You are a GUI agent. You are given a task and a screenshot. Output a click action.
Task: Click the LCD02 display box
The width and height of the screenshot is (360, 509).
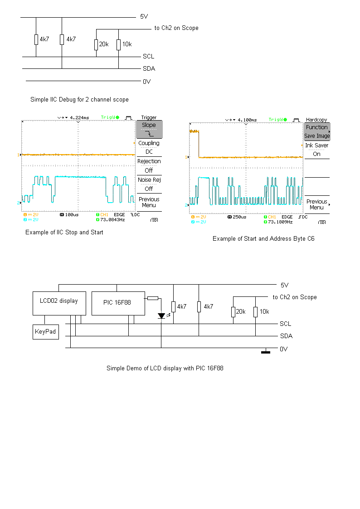59,303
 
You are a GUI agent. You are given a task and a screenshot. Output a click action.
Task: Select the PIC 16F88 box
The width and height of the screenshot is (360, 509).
118,303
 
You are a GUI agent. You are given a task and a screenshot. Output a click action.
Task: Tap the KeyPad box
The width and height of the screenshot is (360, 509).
46,332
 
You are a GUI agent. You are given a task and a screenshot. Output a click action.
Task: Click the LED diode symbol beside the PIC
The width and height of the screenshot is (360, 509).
161,315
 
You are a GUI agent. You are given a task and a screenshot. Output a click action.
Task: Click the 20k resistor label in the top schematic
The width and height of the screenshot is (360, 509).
104,44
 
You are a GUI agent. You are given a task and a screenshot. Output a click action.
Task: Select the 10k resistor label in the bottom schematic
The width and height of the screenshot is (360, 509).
264,312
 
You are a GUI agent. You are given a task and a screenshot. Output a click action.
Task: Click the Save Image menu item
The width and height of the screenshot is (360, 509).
317,136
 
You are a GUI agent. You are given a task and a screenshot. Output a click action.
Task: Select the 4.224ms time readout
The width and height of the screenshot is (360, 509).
79,117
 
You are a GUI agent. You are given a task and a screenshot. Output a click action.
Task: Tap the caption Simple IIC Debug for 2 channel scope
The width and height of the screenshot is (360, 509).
79,99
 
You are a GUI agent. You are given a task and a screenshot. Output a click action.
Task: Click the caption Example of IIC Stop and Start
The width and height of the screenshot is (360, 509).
64,232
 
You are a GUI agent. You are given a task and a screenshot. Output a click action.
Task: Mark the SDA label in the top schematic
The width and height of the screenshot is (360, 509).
149,68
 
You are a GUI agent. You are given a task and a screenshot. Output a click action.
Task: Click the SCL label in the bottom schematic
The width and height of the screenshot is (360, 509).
286,324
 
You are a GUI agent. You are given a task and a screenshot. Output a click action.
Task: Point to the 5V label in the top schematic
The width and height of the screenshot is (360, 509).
144,17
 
